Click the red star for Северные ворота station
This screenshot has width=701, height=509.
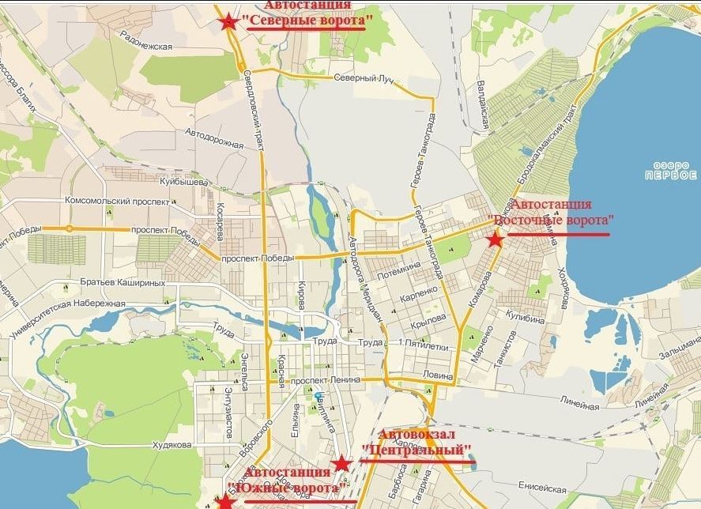(x=229, y=22)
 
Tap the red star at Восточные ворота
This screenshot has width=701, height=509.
(x=495, y=239)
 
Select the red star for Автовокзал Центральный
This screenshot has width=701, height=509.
(x=341, y=463)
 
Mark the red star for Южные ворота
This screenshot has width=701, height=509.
(x=224, y=501)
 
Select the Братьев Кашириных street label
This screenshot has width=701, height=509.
(x=122, y=282)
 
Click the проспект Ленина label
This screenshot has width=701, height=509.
(x=326, y=380)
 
